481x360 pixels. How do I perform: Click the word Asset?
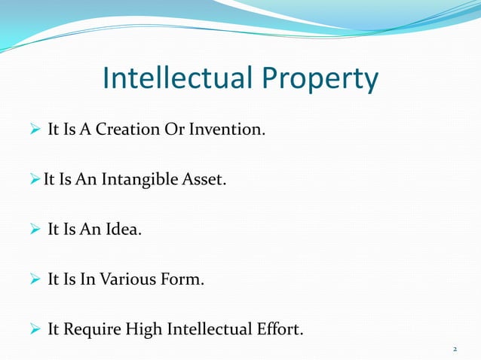pos(204,180)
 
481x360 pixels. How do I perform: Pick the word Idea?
pos(124,230)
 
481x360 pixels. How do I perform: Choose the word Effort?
pos(278,330)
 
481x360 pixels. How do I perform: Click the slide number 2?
pos(455,349)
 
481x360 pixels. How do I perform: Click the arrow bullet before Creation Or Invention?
pos(34,131)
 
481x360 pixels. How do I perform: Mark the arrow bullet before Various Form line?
pos(34,280)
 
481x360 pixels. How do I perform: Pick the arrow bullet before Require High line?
pos(34,330)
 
